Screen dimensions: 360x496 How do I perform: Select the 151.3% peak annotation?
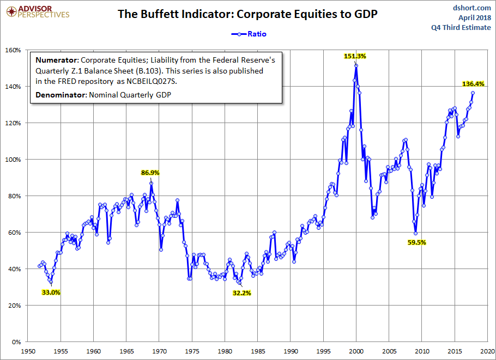(354, 56)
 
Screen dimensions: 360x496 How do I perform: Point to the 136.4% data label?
(474, 84)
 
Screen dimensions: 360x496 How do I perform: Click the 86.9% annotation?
(150, 172)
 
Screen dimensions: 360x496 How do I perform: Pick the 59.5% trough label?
(416, 243)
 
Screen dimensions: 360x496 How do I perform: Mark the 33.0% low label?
(51, 292)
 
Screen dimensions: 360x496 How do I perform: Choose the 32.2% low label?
(241, 292)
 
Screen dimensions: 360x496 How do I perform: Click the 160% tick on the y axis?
(13, 50)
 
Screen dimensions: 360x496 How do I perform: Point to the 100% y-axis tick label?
(13, 160)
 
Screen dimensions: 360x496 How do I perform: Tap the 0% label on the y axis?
(16, 342)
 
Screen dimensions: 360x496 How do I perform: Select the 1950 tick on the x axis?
(27, 351)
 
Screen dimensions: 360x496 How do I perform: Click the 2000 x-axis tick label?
(356, 351)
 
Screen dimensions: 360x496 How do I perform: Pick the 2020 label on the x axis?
(488, 351)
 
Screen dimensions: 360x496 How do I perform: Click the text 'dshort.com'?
(472, 8)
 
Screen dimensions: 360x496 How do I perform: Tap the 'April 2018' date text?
(475, 18)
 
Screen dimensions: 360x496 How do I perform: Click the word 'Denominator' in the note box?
(58, 95)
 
